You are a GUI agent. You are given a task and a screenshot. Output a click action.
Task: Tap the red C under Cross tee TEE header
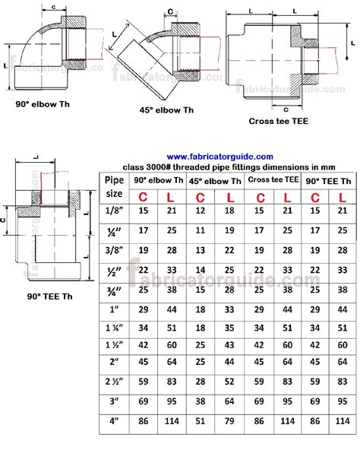[x=261, y=197]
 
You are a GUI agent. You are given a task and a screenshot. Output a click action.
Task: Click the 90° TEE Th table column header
[x=327, y=181]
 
